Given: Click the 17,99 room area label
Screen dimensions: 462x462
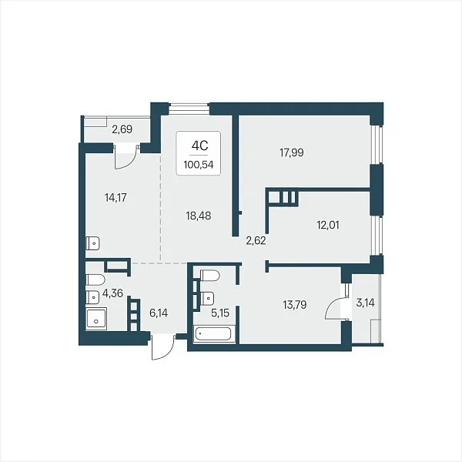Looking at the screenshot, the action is tap(291, 152).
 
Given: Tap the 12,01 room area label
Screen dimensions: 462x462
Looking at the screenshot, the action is tap(328, 226).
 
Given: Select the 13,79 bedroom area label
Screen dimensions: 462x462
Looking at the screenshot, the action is tap(295, 305).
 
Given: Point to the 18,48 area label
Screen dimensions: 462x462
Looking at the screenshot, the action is tap(199, 216).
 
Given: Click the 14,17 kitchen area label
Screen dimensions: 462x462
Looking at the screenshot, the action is tap(115, 198).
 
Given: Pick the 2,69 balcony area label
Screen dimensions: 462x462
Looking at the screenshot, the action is tap(122, 129).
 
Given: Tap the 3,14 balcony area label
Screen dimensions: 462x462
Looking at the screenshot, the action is tap(365, 303).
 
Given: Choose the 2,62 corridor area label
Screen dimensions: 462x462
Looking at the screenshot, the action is tap(256, 241).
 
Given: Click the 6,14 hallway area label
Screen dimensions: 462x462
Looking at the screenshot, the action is tap(159, 313).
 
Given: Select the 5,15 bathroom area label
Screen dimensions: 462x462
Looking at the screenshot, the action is tap(220, 313).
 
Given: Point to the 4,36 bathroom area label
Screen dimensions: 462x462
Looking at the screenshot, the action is tap(112, 293).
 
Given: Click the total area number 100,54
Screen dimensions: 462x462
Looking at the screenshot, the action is tap(199, 165).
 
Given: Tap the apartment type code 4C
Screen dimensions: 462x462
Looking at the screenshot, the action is tap(199, 146).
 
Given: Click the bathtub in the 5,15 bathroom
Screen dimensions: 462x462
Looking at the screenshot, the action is tap(214, 334).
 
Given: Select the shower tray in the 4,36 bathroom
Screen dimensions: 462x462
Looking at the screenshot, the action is tap(96, 319).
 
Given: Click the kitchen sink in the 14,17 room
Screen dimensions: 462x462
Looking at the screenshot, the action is tap(92, 243).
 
